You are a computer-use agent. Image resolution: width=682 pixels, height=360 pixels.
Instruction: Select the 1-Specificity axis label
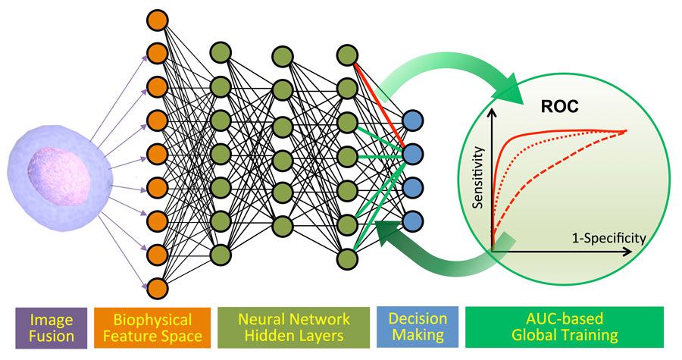[606, 237]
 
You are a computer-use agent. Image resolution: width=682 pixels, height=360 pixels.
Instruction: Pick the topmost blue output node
[413, 121]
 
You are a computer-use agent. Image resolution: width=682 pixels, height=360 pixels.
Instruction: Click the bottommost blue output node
[413, 221]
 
